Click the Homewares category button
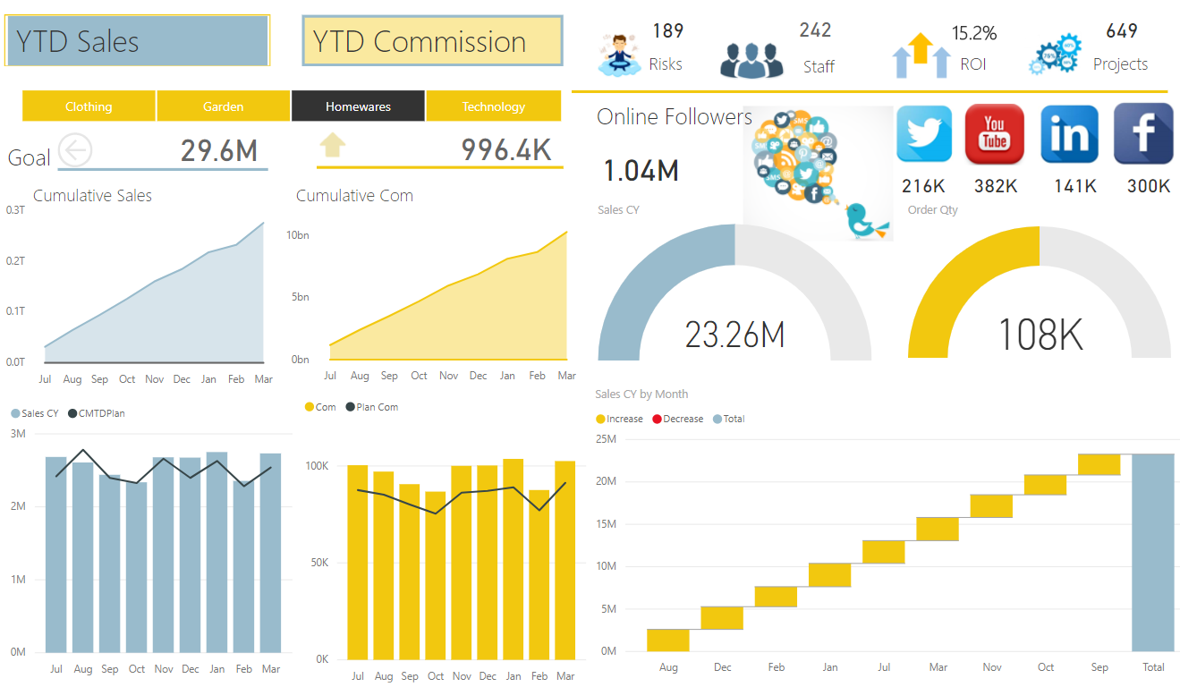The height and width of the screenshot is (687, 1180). coord(358,106)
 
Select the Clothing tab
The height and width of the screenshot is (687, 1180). coord(89,106)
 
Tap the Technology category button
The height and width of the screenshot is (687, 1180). coord(493,106)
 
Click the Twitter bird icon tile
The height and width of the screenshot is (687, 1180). coord(924,133)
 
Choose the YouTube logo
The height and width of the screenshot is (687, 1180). coord(995,133)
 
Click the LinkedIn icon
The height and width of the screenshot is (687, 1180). coord(1069,133)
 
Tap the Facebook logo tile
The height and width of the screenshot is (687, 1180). coord(1142,133)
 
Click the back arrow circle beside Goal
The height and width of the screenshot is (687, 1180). coord(75,149)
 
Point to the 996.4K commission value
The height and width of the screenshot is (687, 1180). coord(505,150)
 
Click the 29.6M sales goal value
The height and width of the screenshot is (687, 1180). coord(218,150)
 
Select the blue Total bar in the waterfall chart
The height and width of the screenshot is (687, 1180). coord(1152,552)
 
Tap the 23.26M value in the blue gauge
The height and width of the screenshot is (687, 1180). coord(734,335)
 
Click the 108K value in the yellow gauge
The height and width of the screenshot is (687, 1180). coord(1040,335)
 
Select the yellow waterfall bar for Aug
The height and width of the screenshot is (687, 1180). coord(668,640)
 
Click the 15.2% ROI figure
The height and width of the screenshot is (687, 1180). coord(973,34)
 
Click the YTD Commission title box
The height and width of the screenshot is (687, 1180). coord(432,41)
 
